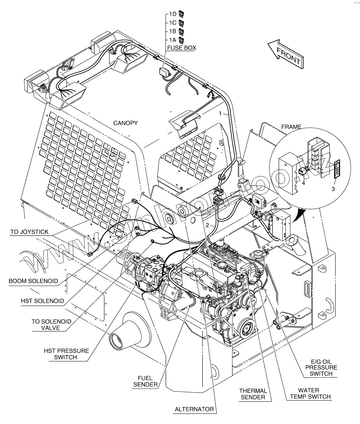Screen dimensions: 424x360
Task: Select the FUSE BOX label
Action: click(x=181, y=48)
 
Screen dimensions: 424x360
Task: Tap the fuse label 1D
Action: click(x=173, y=14)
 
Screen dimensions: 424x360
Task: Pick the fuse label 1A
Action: click(x=173, y=40)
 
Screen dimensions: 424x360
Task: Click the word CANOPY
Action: click(x=125, y=123)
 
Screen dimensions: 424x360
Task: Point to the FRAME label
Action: click(x=291, y=127)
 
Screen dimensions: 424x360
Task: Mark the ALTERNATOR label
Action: click(x=194, y=409)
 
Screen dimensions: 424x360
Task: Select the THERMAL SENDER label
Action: click(x=253, y=394)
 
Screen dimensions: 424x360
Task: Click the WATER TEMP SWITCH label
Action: click(x=309, y=393)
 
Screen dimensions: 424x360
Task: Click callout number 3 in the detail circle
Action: click(x=333, y=189)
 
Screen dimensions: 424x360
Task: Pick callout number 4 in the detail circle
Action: click(x=303, y=182)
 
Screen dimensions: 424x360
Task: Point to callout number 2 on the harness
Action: click(x=207, y=225)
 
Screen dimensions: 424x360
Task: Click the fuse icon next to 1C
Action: click(x=181, y=23)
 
